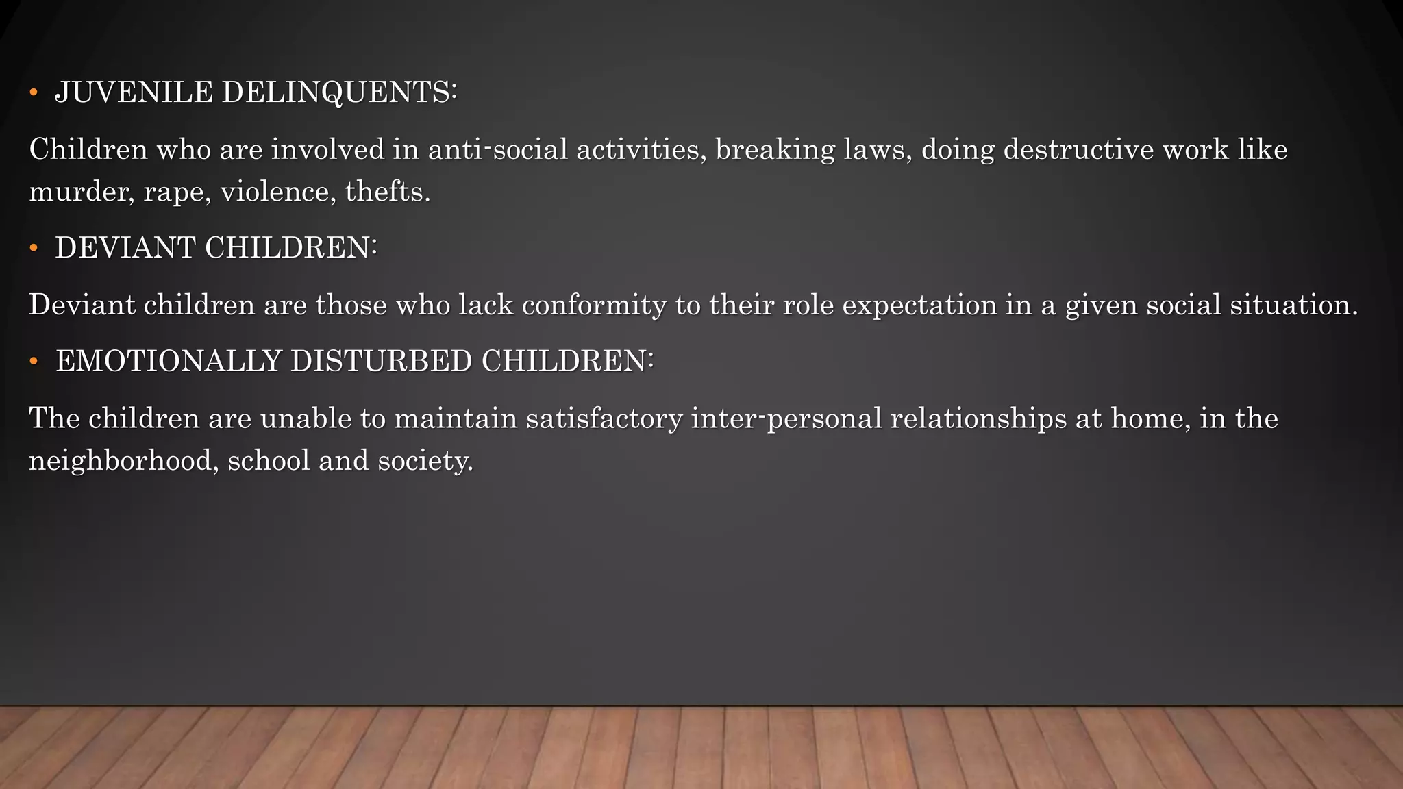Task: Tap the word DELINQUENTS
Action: pos(338,92)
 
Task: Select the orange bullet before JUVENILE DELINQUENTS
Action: pos(34,92)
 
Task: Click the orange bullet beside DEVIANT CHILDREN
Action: pos(34,248)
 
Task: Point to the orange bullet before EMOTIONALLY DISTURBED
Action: pos(34,362)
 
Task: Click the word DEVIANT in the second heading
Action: pos(125,248)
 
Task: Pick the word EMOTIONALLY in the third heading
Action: pos(169,362)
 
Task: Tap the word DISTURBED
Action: pos(381,362)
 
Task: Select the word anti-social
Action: pos(498,149)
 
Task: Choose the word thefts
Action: pos(388,192)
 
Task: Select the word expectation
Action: pos(919,305)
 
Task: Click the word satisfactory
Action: pos(604,418)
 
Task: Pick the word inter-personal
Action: pos(786,418)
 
